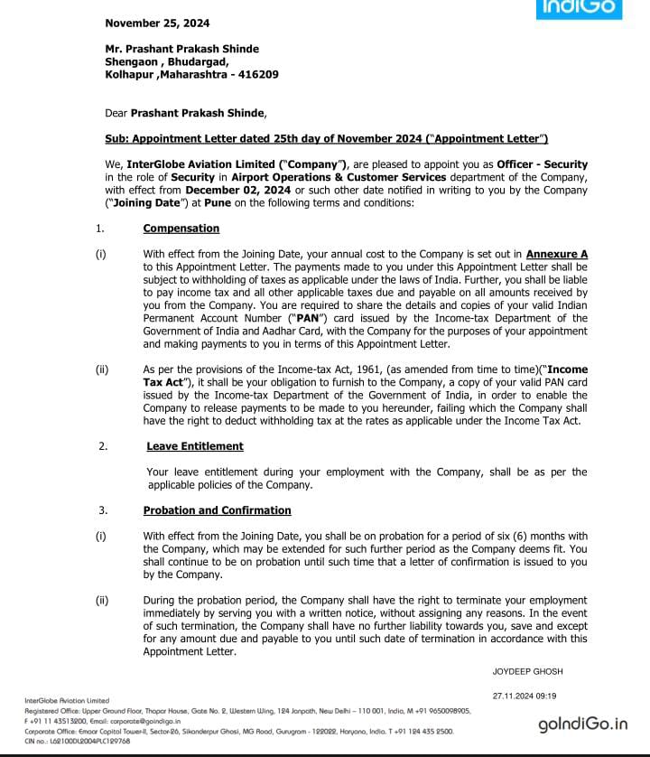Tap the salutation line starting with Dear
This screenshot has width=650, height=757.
pos(186,114)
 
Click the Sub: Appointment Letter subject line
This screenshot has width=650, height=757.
pos(327,138)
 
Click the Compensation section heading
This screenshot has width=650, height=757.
pos(181,229)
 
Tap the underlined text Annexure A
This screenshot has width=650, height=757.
pos(557,255)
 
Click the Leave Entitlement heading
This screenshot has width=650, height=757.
pos(195,446)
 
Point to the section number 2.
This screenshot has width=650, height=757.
pos(103,446)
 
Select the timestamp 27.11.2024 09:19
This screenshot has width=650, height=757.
pos(525,696)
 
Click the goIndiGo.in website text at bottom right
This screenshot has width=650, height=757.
pos(582,724)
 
